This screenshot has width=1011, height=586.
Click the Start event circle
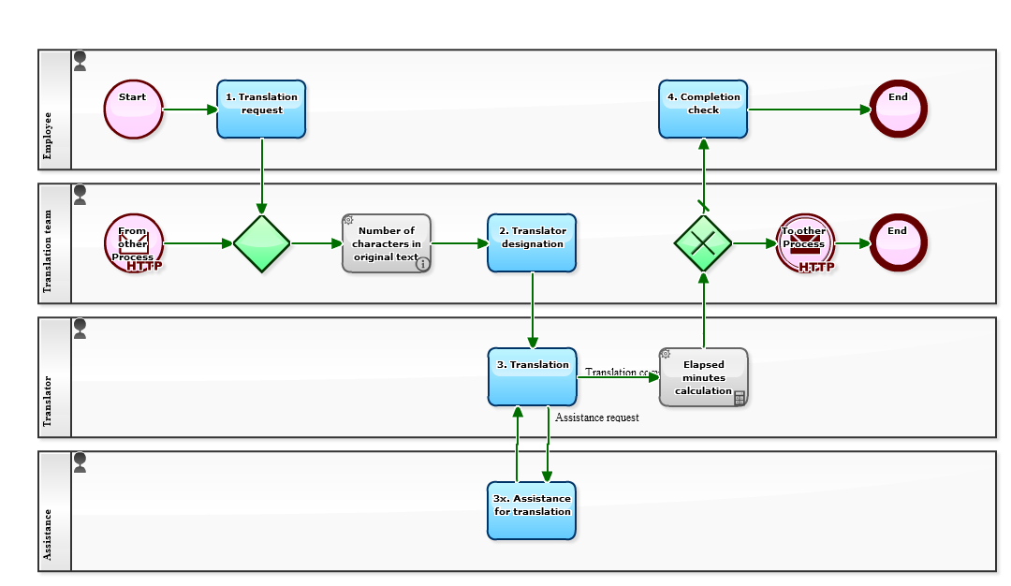pyautogui.click(x=133, y=110)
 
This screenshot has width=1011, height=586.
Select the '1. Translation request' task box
pyautogui.click(x=261, y=110)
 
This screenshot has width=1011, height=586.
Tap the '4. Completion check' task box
pyautogui.click(x=703, y=110)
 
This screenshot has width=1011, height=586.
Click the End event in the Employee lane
pyautogui.click(x=898, y=110)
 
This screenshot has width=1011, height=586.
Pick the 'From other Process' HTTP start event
pyautogui.click(x=134, y=243)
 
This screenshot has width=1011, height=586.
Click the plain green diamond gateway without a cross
pyautogui.click(x=262, y=243)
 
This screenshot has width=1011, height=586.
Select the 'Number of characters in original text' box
pyautogui.click(x=387, y=243)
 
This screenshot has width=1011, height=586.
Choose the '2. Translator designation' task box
pyautogui.click(x=532, y=243)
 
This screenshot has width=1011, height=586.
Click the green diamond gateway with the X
pyautogui.click(x=703, y=243)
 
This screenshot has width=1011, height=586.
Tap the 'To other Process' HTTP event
pyautogui.click(x=804, y=243)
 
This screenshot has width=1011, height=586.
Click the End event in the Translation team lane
pyautogui.click(x=898, y=243)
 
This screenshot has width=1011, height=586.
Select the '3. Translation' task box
pyautogui.click(x=532, y=377)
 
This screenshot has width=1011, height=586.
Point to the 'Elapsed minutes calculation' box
pyautogui.click(x=703, y=377)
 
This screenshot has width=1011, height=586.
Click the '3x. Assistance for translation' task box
pyautogui.click(x=532, y=510)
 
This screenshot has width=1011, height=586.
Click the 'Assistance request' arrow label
pyautogui.click(x=597, y=418)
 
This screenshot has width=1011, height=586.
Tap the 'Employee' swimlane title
pyautogui.click(x=49, y=136)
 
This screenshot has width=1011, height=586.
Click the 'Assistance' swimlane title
pyautogui.click(x=49, y=538)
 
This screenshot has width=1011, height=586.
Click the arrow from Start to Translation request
pyautogui.click(x=190, y=110)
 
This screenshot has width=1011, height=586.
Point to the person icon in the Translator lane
pyautogui.click(x=80, y=329)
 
